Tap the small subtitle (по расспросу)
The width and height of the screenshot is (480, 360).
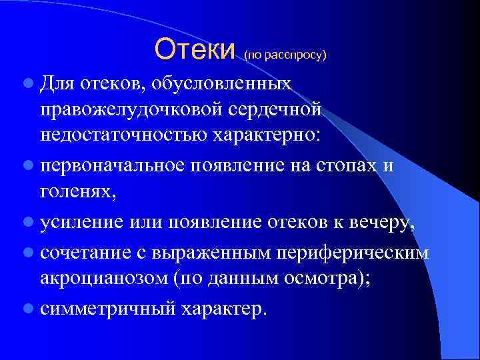(285, 55)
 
